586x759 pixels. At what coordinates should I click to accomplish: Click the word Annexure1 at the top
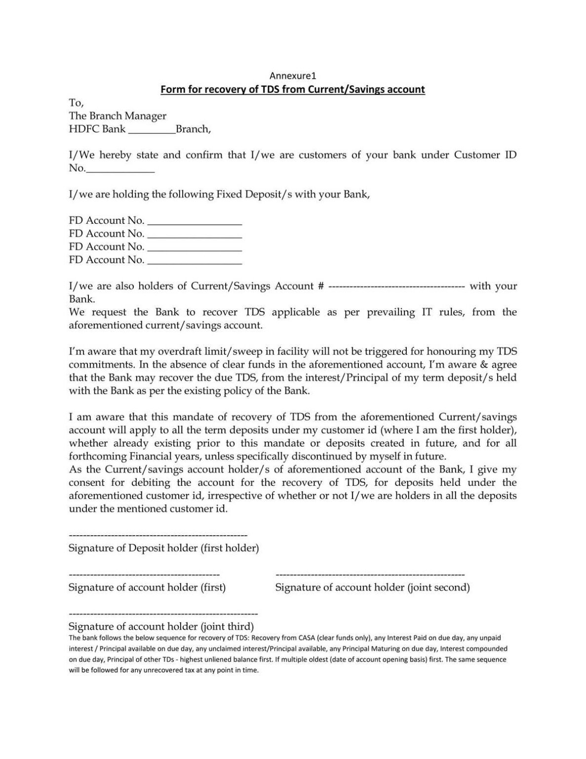(x=292, y=76)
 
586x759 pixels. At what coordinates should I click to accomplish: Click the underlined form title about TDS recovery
(x=292, y=89)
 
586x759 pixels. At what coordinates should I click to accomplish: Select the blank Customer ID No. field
(x=120, y=169)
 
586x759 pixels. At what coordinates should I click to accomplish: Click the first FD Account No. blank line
(x=195, y=222)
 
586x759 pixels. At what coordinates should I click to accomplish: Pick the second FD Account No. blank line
(x=195, y=235)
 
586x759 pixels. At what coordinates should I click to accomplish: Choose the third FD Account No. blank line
(x=195, y=248)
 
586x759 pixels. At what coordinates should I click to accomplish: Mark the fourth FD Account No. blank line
(x=195, y=261)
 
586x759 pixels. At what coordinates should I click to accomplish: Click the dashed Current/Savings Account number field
(x=396, y=287)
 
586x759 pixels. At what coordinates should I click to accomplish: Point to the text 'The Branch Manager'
(x=117, y=116)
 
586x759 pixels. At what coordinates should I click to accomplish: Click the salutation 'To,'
(x=76, y=103)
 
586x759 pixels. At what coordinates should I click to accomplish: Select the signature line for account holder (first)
(x=144, y=575)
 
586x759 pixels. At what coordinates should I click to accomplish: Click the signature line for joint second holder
(x=370, y=575)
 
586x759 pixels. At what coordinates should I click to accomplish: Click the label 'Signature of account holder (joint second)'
(x=372, y=587)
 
